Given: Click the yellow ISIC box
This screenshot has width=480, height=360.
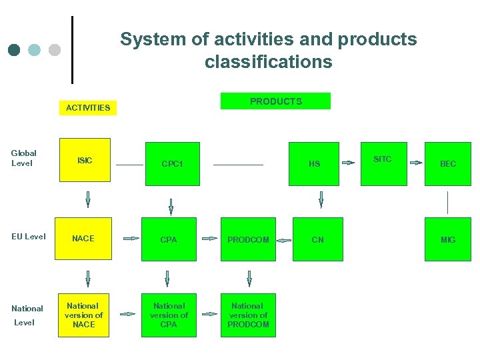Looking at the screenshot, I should click(85, 160).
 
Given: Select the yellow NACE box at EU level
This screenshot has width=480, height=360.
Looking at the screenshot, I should click(83, 239).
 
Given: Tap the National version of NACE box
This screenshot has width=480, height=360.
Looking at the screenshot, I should click(84, 315).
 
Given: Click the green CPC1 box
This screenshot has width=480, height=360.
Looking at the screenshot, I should click(171, 163).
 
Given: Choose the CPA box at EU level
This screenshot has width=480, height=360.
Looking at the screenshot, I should click(169, 239).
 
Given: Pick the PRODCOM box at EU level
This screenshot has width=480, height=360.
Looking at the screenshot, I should click(248, 239).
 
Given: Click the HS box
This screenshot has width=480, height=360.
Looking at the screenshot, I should click(314, 163).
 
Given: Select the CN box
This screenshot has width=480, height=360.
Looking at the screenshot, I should click(318, 239).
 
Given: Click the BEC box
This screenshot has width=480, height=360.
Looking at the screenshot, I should click(448, 163).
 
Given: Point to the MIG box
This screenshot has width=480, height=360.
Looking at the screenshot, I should click(448, 239).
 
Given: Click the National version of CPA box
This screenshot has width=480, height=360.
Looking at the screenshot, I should click(169, 315).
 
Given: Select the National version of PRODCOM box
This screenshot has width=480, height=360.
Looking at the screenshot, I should click(248, 315).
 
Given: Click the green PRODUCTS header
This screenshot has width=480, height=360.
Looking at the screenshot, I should click(275, 101).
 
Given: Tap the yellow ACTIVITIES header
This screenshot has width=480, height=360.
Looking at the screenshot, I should click(88, 107).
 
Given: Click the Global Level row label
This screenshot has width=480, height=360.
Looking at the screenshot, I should click(24, 158).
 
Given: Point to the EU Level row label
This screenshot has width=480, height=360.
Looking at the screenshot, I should click(29, 237).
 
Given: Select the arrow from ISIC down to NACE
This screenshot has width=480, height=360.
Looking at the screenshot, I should click(87, 199).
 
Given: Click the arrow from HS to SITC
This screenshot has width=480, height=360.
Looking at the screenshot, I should click(348, 162).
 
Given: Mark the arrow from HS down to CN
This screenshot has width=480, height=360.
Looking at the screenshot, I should click(321, 199).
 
